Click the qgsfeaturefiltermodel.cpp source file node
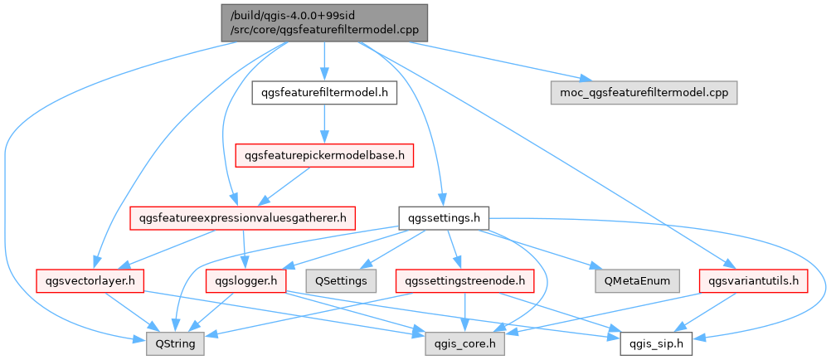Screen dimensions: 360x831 pyautogui.click(x=323, y=22)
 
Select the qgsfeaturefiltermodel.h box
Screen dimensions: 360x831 pyautogui.click(x=324, y=92)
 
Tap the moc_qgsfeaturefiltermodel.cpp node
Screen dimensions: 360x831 pyautogui.click(x=644, y=92)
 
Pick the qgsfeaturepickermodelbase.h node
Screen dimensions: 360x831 pyautogui.click(x=324, y=155)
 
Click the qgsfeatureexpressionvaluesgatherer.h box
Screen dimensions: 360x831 pyautogui.click(x=242, y=219)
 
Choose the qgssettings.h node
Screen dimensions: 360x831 pyautogui.click(x=444, y=219)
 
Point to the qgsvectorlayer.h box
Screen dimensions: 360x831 pyautogui.click(x=90, y=280)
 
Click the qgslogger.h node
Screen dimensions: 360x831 pyautogui.click(x=246, y=280)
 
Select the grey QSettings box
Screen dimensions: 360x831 pyautogui.click(x=341, y=280)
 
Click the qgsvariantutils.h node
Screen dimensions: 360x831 pyautogui.click(x=753, y=280)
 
